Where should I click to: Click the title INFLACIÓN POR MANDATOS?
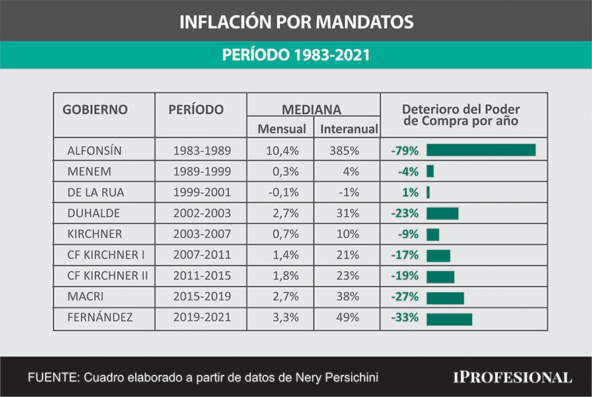296,22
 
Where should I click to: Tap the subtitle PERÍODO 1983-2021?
296,56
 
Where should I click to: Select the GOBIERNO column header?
95,109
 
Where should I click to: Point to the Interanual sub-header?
348,129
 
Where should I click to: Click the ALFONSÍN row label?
94,150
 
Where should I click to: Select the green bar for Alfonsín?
480,150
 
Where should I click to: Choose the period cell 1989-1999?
201,171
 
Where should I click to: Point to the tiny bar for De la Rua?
428,192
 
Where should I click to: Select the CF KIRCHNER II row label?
108,276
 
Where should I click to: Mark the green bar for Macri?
445,298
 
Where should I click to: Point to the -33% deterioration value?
405,318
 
